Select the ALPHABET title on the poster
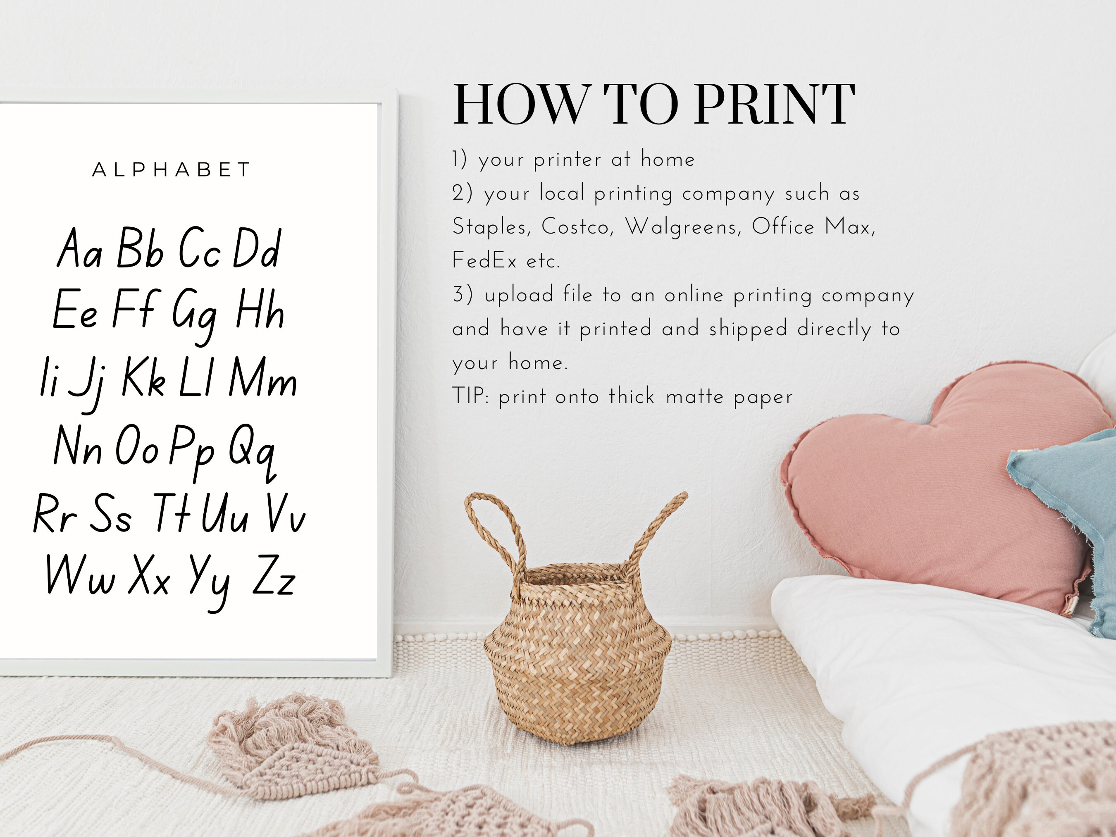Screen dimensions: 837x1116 tap(171, 169)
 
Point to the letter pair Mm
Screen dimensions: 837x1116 tap(263, 378)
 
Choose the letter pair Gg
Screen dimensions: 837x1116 tap(194, 313)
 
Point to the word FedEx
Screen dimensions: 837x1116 tap(484, 261)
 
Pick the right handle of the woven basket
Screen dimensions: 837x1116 tap(656, 530)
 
